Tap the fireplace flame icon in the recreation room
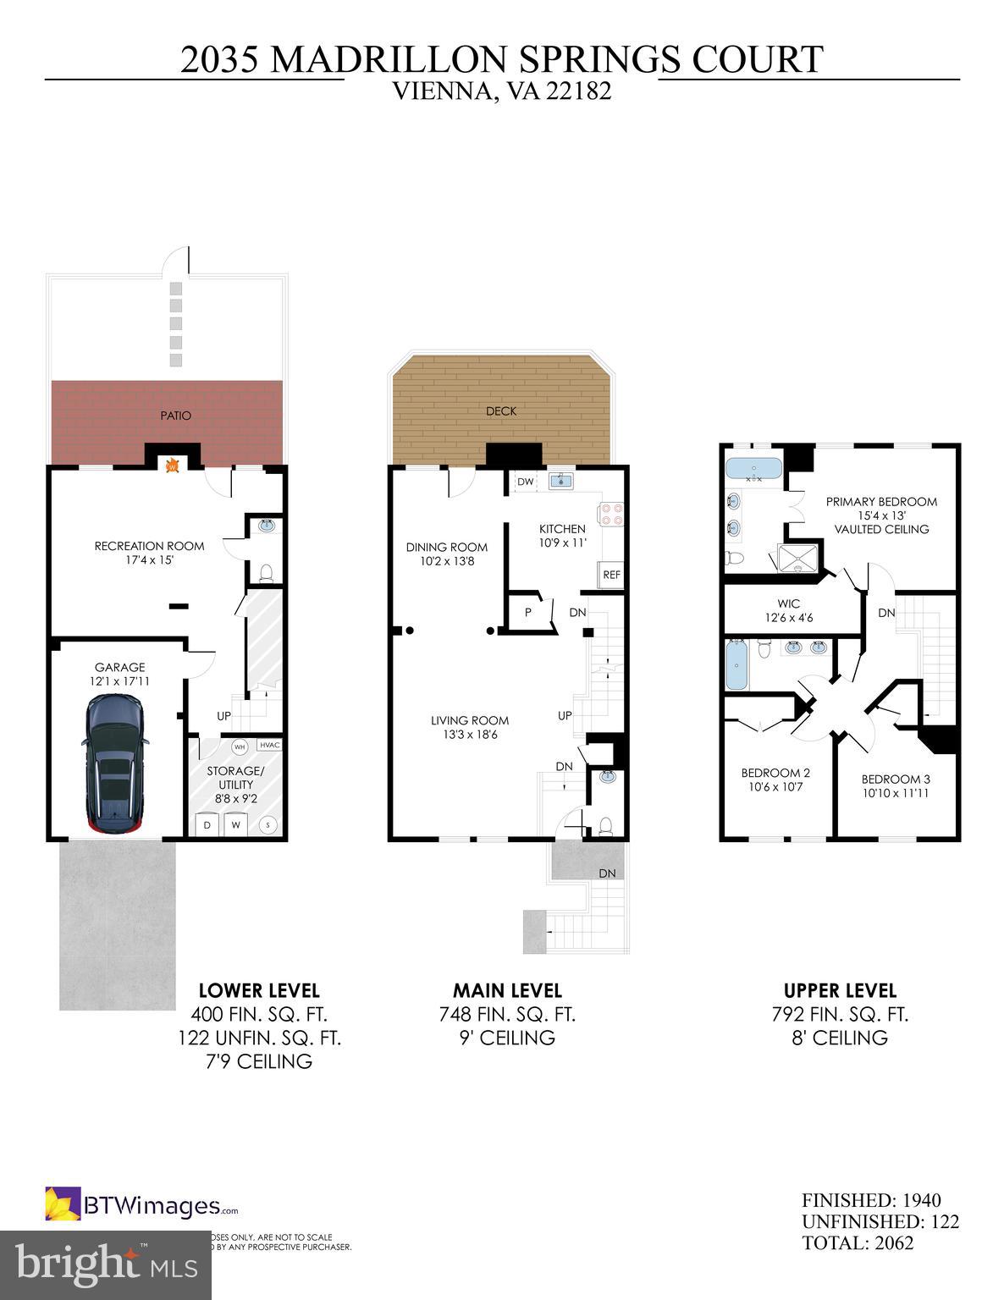[x=172, y=465]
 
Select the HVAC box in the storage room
[x=268, y=745]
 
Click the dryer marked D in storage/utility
[x=207, y=824]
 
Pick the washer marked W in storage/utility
[x=237, y=824]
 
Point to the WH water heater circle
[x=240, y=746]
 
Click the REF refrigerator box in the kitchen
[x=611, y=575]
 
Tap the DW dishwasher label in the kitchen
[x=525, y=482]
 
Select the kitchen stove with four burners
[x=611, y=514]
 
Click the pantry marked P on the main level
[x=527, y=611]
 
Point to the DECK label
[x=501, y=411]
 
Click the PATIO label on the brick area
[x=175, y=416]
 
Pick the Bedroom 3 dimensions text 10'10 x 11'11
[x=895, y=793]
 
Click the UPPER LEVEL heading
[x=840, y=990]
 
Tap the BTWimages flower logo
[x=63, y=1204]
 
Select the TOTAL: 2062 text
[x=858, y=1242]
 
